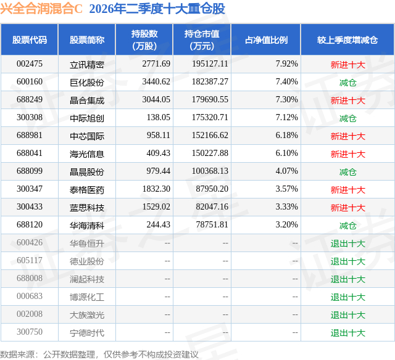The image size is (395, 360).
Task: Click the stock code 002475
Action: pyautogui.click(x=30, y=64)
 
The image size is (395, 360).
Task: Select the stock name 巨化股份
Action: pyautogui.click(x=87, y=83)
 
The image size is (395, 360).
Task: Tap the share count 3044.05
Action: pyautogui.click(x=156, y=100)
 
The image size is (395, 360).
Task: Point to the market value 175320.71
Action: pyautogui.click(x=210, y=118)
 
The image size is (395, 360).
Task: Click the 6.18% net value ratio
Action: pyautogui.click(x=286, y=136)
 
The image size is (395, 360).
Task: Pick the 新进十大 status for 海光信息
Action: pyautogui.click(x=347, y=154)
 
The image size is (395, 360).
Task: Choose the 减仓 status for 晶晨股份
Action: pyautogui.click(x=347, y=172)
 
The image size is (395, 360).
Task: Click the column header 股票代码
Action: pyautogui.click(x=30, y=40)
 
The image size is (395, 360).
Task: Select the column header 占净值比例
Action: pyautogui.click(x=266, y=40)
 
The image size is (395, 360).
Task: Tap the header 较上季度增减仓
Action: pyautogui.click(x=347, y=40)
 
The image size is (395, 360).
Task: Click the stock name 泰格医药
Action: pyautogui.click(x=87, y=190)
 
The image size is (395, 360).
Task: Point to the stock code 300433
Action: pyautogui.click(x=30, y=207)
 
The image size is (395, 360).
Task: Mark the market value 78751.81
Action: pyautogui.click(x=212, y=224)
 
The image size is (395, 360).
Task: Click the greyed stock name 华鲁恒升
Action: pyautogui.click(x=87, y=243)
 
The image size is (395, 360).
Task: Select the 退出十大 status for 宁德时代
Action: pyautogui.click(x=347, y=333)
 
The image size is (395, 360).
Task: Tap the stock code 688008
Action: pyautogui.click(x=30, y=278)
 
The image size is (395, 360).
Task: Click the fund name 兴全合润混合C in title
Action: pyautogui.click(x=41, y=9)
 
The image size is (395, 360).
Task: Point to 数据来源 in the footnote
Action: pyautogui.click(x=17, y=354)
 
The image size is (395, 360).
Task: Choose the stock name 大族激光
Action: pyautogui.click(x=87, y=315)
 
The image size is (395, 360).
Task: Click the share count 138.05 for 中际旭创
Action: pyautogui.click(x=159, y=118)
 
